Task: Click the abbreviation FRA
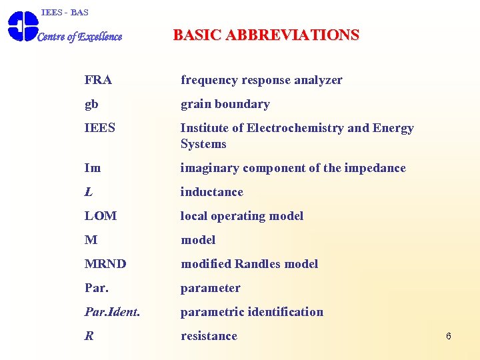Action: point(98,80)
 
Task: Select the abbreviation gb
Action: point(91,105)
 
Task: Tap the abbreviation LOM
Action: point(101,216)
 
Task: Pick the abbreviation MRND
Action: point(105,264)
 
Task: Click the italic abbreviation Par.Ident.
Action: point(112,312)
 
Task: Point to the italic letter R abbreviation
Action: point(89,336)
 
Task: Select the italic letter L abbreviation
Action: point(89,192)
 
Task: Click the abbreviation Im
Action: point(93,168)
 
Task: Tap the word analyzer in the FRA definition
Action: point(317,80)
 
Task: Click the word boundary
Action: point(245,104)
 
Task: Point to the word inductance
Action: point(212,192)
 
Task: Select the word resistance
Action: point(209,336)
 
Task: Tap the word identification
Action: point(285,312)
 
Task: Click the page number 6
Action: point(449,336)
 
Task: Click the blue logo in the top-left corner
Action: point(22,26)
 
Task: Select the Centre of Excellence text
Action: point(79,37)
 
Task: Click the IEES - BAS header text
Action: point(65,13)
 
